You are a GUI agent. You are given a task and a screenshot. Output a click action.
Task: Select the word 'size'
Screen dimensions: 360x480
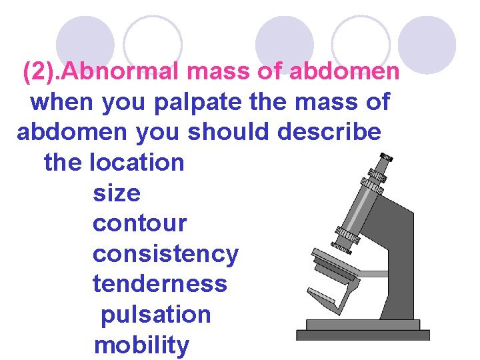pos(117,193)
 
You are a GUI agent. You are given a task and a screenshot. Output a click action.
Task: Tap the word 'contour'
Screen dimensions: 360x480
pos(140,223)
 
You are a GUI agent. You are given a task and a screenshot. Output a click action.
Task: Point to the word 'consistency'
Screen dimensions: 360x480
pos(165,254)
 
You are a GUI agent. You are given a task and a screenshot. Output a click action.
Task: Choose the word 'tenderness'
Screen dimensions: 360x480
pos(160,284)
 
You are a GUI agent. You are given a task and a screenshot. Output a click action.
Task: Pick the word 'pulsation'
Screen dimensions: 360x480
pos(156,315)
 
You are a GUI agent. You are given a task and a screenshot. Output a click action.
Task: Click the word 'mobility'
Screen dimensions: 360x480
pos(141,345)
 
